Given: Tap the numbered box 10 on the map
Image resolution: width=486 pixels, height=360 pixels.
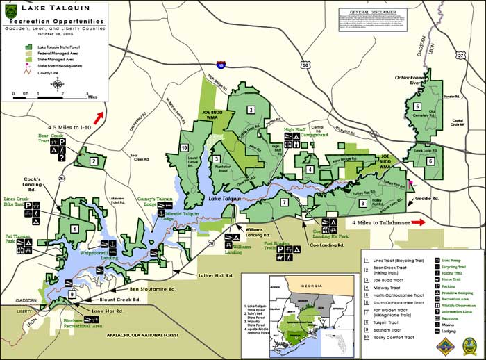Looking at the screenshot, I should click(185, 148).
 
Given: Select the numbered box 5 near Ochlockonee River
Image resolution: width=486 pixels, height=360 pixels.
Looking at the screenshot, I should click(417, 106).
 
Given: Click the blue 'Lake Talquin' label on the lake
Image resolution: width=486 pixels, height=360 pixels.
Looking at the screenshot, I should click(225, 199).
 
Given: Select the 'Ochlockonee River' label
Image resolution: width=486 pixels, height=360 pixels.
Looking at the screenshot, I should click(414, 82).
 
